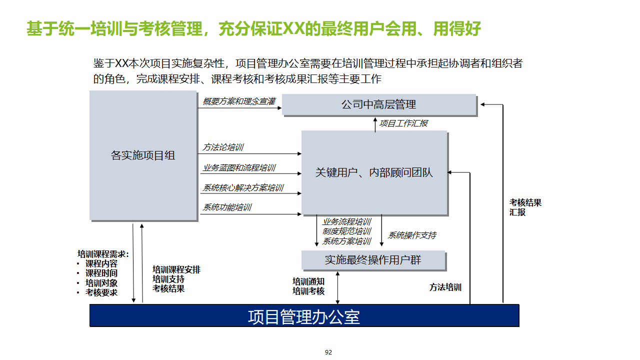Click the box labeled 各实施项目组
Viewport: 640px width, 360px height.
(x=143, y=155)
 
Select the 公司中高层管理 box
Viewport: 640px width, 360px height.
(x=379, y=105)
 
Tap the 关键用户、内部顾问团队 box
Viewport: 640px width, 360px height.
(x=374, y=172)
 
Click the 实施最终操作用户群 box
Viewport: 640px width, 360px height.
(x=373, y=260)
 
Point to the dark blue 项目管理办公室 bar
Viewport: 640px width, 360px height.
(x=304, y=315)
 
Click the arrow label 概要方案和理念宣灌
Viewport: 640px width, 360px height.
(x=239, y=101)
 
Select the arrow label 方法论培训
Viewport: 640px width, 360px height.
(x=223, y=147)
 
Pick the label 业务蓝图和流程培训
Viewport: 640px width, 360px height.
(x=239, y=168)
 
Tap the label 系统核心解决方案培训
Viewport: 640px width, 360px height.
(x=243, y=188)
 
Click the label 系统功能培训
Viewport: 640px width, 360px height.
(x=227, y=207)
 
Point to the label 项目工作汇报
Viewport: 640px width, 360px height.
(x=403, y=123)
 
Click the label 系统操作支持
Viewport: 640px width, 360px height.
(x=412, y=235)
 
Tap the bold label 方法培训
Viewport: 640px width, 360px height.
(x=445, y=287)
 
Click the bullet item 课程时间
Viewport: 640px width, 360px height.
(x=101, y=273)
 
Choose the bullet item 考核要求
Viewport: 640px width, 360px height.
(x=101, y=292)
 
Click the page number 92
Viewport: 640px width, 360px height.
(x=328, y=352)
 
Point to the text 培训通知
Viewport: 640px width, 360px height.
(x=308, y=282)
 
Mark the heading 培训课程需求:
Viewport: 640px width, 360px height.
(x=103, y=254)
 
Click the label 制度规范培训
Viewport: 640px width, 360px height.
(x=346, y=231)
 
